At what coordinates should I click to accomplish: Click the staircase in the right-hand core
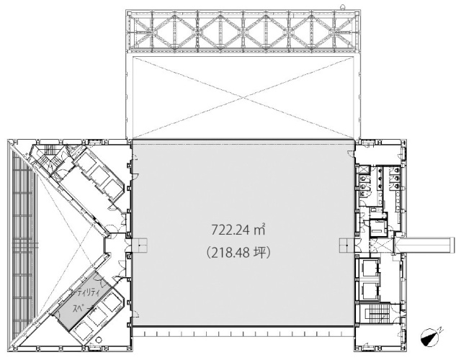pyautogui.click(x=375, y=317)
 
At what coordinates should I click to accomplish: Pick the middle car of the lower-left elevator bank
pyautogui.click(x=105, y=307)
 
